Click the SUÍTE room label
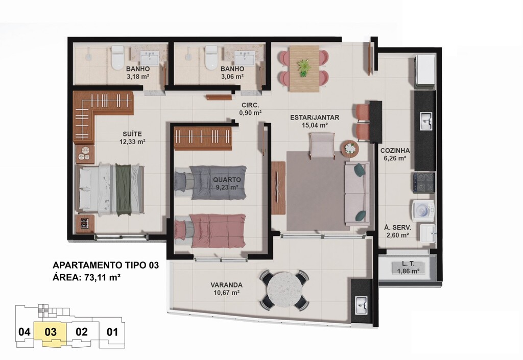coord(132,134)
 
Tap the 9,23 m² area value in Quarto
coord(227,187)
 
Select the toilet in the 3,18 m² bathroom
coord(117,58)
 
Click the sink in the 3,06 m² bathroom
coord(245,59)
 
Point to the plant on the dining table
coord(303,67)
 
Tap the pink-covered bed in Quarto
coord(210,231)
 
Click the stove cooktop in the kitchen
coord(424,183)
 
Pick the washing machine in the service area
coord(423,211)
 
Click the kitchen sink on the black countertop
coord(426,121)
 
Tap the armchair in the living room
coord(322,145)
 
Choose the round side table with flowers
coord(350,148)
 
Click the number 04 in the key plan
coord(25,332)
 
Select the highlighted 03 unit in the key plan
coord(51,332)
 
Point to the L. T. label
coord(408,263)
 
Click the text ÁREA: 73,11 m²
coord(86,277)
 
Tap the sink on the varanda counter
coord(361,305)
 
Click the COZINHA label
coord(395,151)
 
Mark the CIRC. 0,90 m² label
coord(250,109)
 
